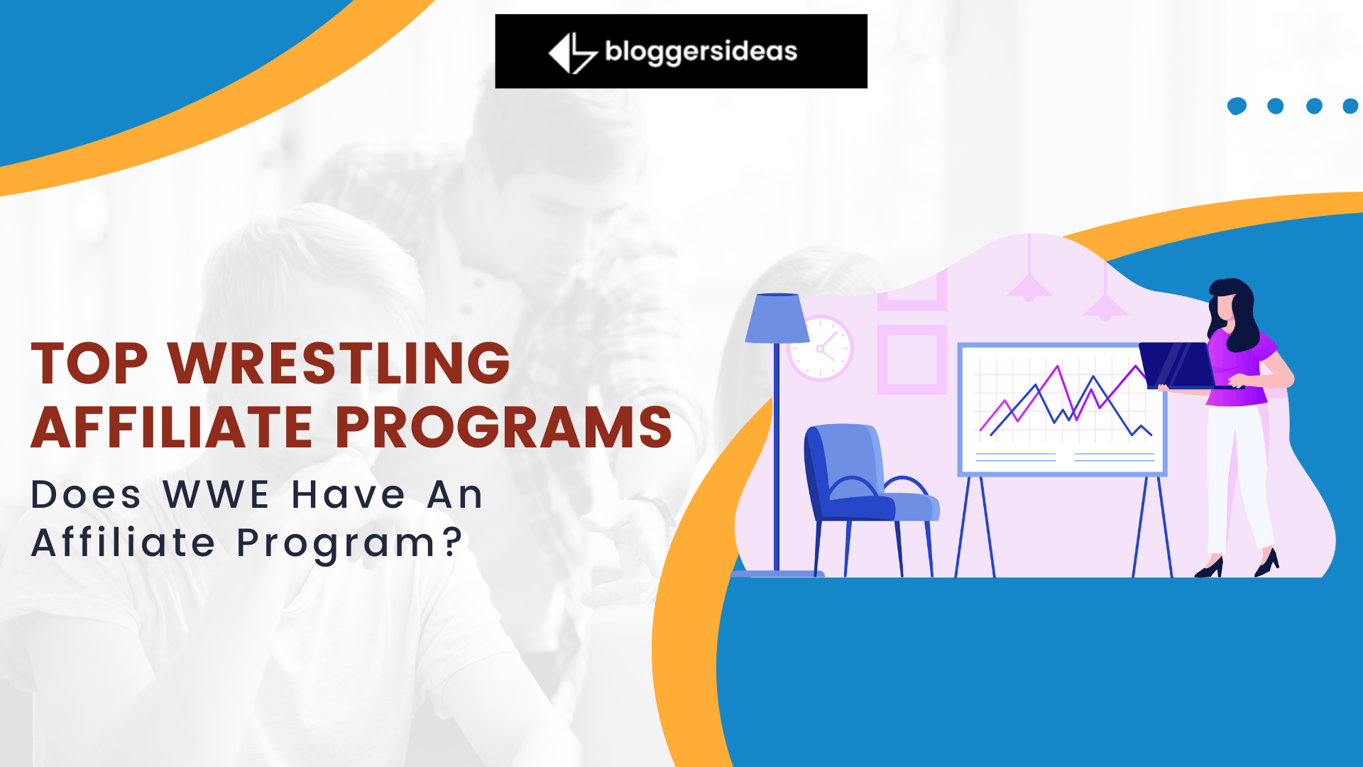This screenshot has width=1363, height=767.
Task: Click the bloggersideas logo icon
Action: (573, 53)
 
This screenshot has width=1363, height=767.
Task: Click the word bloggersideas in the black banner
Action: (701, 52)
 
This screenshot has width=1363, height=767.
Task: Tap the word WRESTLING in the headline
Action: (339, 363)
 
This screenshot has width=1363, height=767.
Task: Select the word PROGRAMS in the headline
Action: (503, 428)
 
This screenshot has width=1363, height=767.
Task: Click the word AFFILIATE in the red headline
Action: (172, 428)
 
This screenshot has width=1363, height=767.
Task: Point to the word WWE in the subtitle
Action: (216, 494)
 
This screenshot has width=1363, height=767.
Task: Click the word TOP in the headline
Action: (89, 363)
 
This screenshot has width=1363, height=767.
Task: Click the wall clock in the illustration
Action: (821, 348)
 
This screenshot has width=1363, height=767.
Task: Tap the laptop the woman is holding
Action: (1178, 365)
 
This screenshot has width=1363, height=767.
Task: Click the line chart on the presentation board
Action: (1065, 401)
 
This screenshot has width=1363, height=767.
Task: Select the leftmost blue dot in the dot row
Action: (1237, 106)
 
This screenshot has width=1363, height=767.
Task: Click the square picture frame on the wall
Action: (912, 359)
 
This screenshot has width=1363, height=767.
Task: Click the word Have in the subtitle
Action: (349, 494)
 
